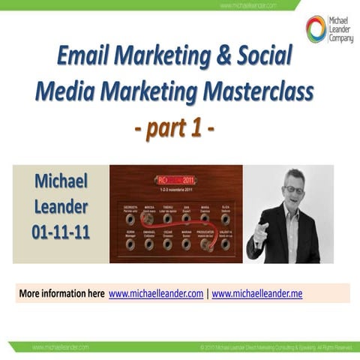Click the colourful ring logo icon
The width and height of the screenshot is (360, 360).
(x=316, y=28)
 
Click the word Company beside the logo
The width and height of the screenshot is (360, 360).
(x=340, y=38)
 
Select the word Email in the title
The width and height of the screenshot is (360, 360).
(x=84, y=57)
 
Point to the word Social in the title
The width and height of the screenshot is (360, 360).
(x=265, y=57)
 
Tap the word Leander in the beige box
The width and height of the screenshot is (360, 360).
(x=61, y=206)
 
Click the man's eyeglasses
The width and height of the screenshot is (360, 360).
(x=295, y=190)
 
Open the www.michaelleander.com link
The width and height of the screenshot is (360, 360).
(x=156, y=293)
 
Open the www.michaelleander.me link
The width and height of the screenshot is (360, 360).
(x=257, y=293)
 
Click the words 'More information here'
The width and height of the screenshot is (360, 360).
(x=61, y=293)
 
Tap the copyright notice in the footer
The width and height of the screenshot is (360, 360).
(x=276, y=348)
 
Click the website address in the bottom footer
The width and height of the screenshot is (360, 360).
(x=60, y=348)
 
